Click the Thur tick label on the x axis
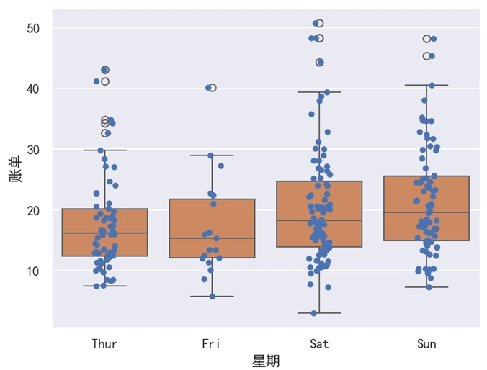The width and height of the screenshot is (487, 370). tap(104, 344)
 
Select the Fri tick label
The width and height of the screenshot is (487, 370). tap(212, 344)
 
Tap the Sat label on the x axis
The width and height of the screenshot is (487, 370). tap(319, 344)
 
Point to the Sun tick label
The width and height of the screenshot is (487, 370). tap(426, 344)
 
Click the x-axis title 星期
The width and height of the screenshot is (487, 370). tap(266, 361)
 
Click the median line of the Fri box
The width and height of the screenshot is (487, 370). tap(212, 238)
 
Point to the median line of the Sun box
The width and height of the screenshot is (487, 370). tap(426, 212)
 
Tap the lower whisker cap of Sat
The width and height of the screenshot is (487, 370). tap(319, 313)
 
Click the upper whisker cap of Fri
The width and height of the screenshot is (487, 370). tap(212, 155)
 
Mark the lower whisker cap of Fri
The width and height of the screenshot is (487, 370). tap(212, 296)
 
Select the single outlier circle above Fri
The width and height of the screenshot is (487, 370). tap(212, 88)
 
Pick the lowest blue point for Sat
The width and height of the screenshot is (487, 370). tap(313, 313)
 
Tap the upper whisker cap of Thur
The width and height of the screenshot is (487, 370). tap(104, 150)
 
